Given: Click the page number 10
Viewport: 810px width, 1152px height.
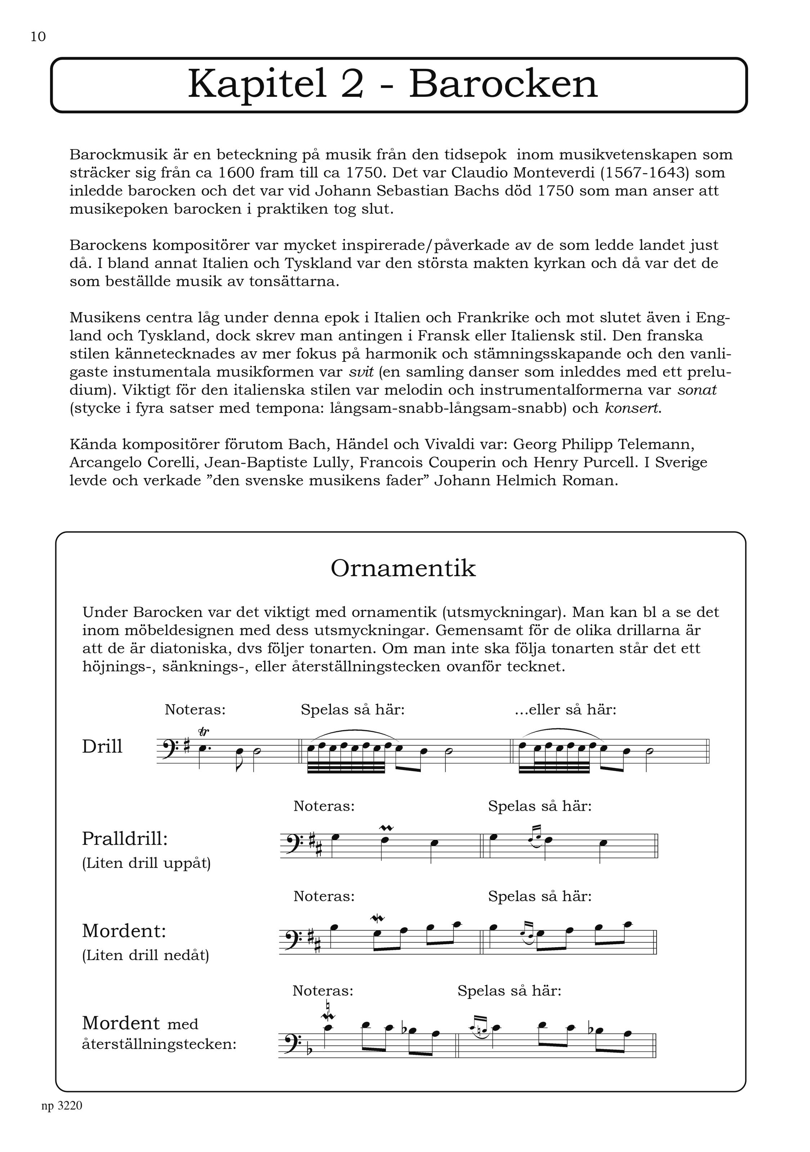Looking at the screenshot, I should point(38,37).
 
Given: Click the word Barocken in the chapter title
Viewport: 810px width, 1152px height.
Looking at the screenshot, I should point(503,84).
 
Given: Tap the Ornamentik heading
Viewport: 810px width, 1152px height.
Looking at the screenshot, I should point(403,568).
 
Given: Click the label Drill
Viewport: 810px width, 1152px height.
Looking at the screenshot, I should point(102,747).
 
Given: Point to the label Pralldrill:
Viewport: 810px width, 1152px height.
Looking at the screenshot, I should point(125,838).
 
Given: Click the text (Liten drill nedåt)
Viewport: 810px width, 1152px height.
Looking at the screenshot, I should point(145,955).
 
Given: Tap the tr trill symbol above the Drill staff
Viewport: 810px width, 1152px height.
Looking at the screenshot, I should point(204,732).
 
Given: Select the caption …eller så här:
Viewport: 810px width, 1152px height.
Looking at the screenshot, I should point(566,710).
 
